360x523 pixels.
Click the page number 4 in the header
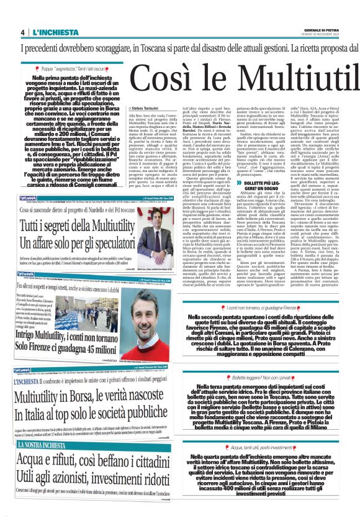pos(22,32)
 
